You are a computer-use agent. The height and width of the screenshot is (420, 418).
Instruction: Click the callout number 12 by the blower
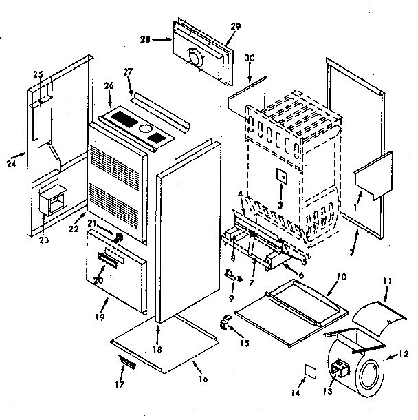pos(404,356)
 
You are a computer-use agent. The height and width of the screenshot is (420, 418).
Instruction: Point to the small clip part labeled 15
pos(225,320)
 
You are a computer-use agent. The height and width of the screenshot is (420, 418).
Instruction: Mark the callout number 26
pos(109,86)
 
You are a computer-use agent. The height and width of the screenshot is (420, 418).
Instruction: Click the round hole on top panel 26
pos(146,129)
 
